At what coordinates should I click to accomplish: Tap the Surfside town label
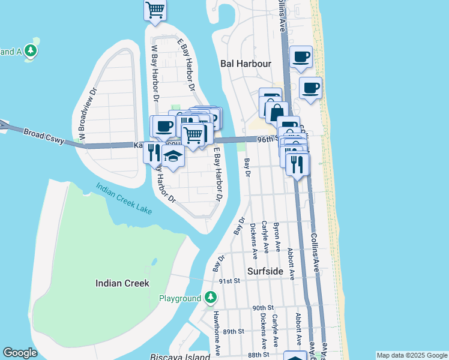click(264, 271)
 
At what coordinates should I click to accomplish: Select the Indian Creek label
click(122, 283)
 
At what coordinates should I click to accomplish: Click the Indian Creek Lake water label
click(124, 198)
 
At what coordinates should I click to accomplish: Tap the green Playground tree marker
click(210, 298)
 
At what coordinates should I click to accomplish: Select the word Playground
click(179, 298)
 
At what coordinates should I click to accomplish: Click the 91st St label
click(229, 280)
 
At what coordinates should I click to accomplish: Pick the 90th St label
click(262, 308)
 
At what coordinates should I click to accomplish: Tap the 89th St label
click(232, 331)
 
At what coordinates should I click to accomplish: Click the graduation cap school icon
click(173, 156)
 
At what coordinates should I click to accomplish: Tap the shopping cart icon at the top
click(155, 9)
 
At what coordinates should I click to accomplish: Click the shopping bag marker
click(277, 112)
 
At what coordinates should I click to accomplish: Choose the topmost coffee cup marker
click(301, 57)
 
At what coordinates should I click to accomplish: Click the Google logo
click(20, 353)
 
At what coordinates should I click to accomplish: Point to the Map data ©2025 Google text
click(412, 355)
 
